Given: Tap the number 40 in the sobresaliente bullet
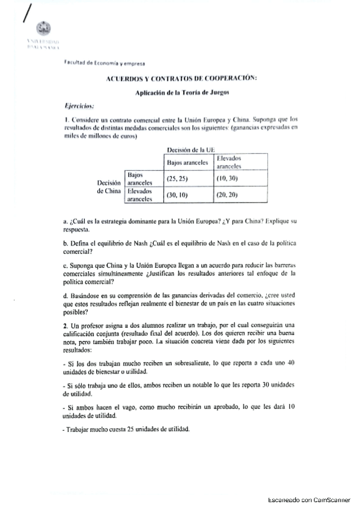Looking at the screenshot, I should coord(291,364).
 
